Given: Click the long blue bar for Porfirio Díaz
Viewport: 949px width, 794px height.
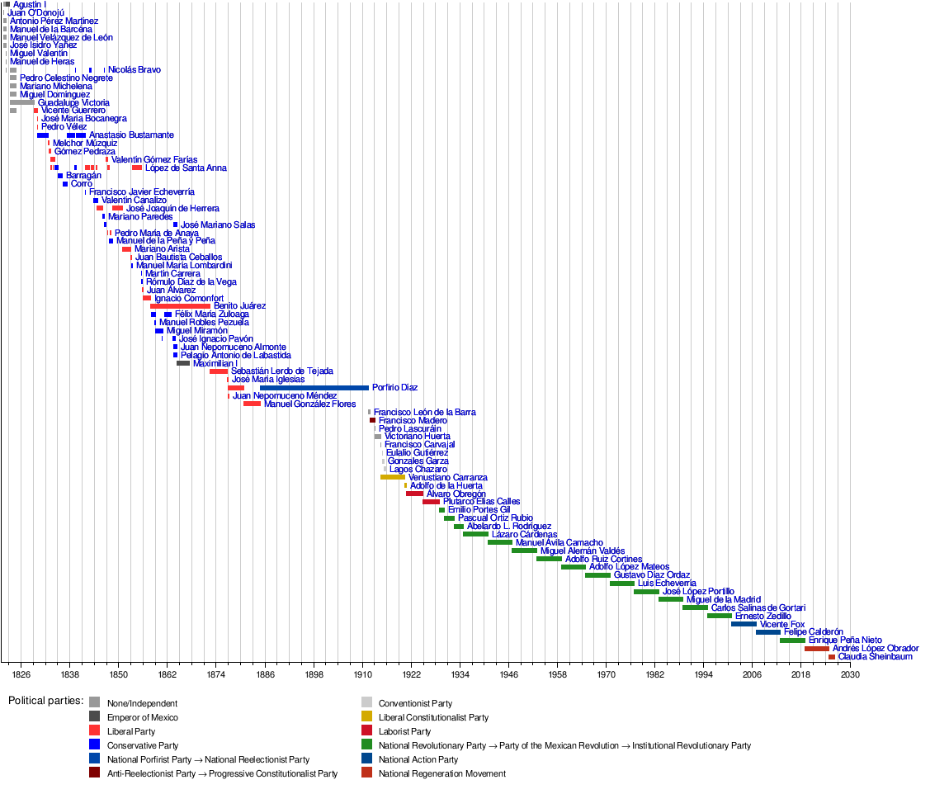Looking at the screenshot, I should pos(314,387).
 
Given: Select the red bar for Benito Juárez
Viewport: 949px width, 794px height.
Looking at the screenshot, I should pos(180,306).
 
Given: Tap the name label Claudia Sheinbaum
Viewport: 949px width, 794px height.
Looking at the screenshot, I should pos(875,657).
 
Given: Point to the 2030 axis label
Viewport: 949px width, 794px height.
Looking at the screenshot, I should pos(850,675).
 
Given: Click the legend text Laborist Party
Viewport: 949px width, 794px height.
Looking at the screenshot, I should pos(404,731).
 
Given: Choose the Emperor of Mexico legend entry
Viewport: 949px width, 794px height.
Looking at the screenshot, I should pos(142,717).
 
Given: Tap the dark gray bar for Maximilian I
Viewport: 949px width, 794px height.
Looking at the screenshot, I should pos(183,363).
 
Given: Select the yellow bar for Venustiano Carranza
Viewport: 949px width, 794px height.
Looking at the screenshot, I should pos(393,477).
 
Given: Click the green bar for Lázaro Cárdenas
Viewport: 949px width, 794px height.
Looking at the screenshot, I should pos(475,534).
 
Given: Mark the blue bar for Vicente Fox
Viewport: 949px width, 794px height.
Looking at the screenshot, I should pos(743,624).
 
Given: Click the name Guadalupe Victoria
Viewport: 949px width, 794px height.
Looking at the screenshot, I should pos(73,102).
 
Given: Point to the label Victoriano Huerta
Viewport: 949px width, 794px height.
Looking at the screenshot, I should pos(418,437).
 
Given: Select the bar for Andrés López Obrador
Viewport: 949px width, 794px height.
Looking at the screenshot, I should pos(816,649).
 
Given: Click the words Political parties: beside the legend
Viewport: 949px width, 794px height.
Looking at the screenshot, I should pos(46,701).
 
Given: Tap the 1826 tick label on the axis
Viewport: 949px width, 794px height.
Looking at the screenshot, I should pos(21,675).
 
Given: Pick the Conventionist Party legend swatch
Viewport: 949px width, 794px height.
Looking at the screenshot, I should pos(366,703).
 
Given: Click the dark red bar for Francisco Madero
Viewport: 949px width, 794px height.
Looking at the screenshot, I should pos(372,420).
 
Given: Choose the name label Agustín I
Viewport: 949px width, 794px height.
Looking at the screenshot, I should pos(30,5).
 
